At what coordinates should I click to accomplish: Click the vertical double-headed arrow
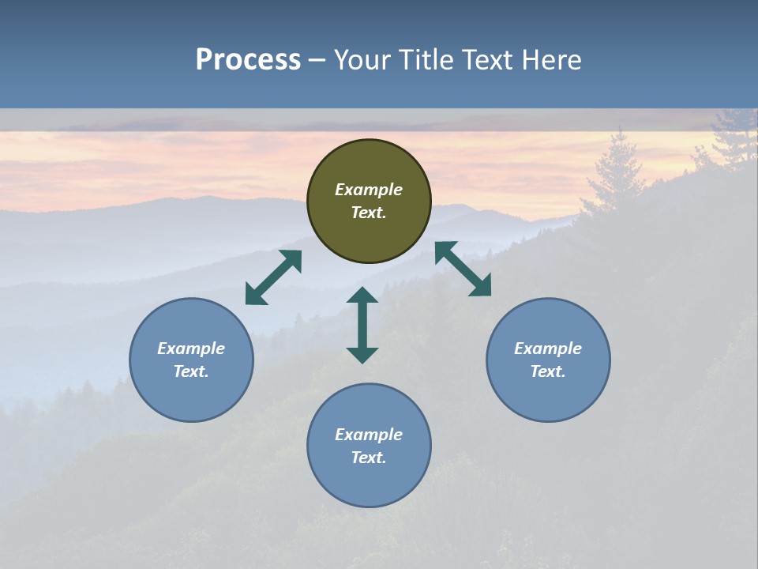pos(362,325)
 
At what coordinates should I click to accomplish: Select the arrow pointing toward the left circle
pos(273,277)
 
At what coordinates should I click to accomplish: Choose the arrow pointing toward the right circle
pos(463,269)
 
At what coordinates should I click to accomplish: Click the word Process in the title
pos(248,59)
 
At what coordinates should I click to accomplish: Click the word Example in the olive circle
pos(369,190)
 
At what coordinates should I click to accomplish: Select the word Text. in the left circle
pos(191,371)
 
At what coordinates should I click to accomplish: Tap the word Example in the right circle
pos(548,349)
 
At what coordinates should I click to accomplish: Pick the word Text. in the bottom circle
pos(369,458)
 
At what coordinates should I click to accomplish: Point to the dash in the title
pos(317,60)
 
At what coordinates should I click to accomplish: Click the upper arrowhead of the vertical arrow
pos(362,295)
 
